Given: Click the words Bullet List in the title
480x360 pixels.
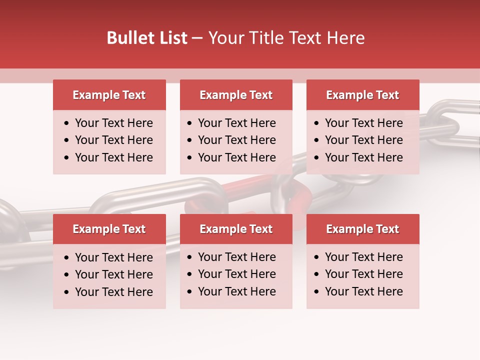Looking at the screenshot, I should pyautogui.click(x=147, y=38).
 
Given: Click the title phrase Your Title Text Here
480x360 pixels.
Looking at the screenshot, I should pyautogui.click(x=286, y=38).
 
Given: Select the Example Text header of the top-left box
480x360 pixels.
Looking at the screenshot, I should pyautogui.click(x=109, y=95).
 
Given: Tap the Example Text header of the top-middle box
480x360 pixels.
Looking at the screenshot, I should pyautogui.click(x=236, y=95).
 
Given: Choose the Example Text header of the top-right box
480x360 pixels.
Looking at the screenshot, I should pyautogui.click(x=362, y=95).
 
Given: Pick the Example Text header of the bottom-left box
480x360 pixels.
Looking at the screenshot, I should pyautogui.click(x=109, y=229).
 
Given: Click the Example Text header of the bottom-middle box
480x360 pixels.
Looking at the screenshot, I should pyautogui.click(x=236, y=229).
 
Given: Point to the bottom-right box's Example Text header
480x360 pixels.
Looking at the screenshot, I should pyautogui.click(x=362, y=229).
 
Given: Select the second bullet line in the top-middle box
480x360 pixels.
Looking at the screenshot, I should pyautogui.click(x=236, y=140).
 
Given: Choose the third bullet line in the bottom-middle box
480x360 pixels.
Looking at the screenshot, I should pyautogui.click(x=236, y=291).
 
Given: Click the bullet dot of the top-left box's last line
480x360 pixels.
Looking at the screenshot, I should pyautogui.click(x=67, y=158).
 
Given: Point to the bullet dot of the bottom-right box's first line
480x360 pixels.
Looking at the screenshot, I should pyautogui.click(x=317, y=257).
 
